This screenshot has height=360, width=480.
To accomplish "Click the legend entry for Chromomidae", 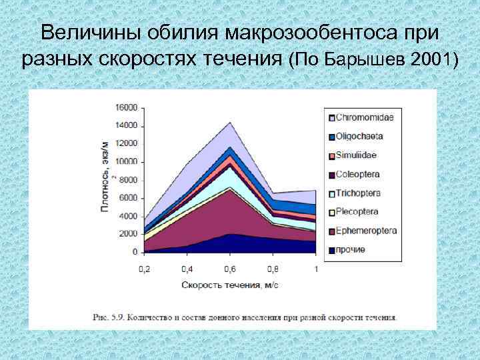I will tap(364, 117).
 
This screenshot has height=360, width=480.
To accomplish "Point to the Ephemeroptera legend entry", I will tap(366, 231).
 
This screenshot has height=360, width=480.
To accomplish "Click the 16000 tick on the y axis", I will tap(127, 107).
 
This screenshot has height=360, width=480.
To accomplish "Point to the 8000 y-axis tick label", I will tap(129, 180).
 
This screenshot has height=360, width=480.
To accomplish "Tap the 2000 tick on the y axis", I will tap(129, 234).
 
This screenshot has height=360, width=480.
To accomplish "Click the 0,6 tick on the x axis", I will tap(230, 269).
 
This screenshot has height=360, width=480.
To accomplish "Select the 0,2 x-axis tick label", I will tap(144, 269).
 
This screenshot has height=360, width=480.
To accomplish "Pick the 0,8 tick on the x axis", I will tap(273, 269).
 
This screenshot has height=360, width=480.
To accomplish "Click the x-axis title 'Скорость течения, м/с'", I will tap(229, 285).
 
